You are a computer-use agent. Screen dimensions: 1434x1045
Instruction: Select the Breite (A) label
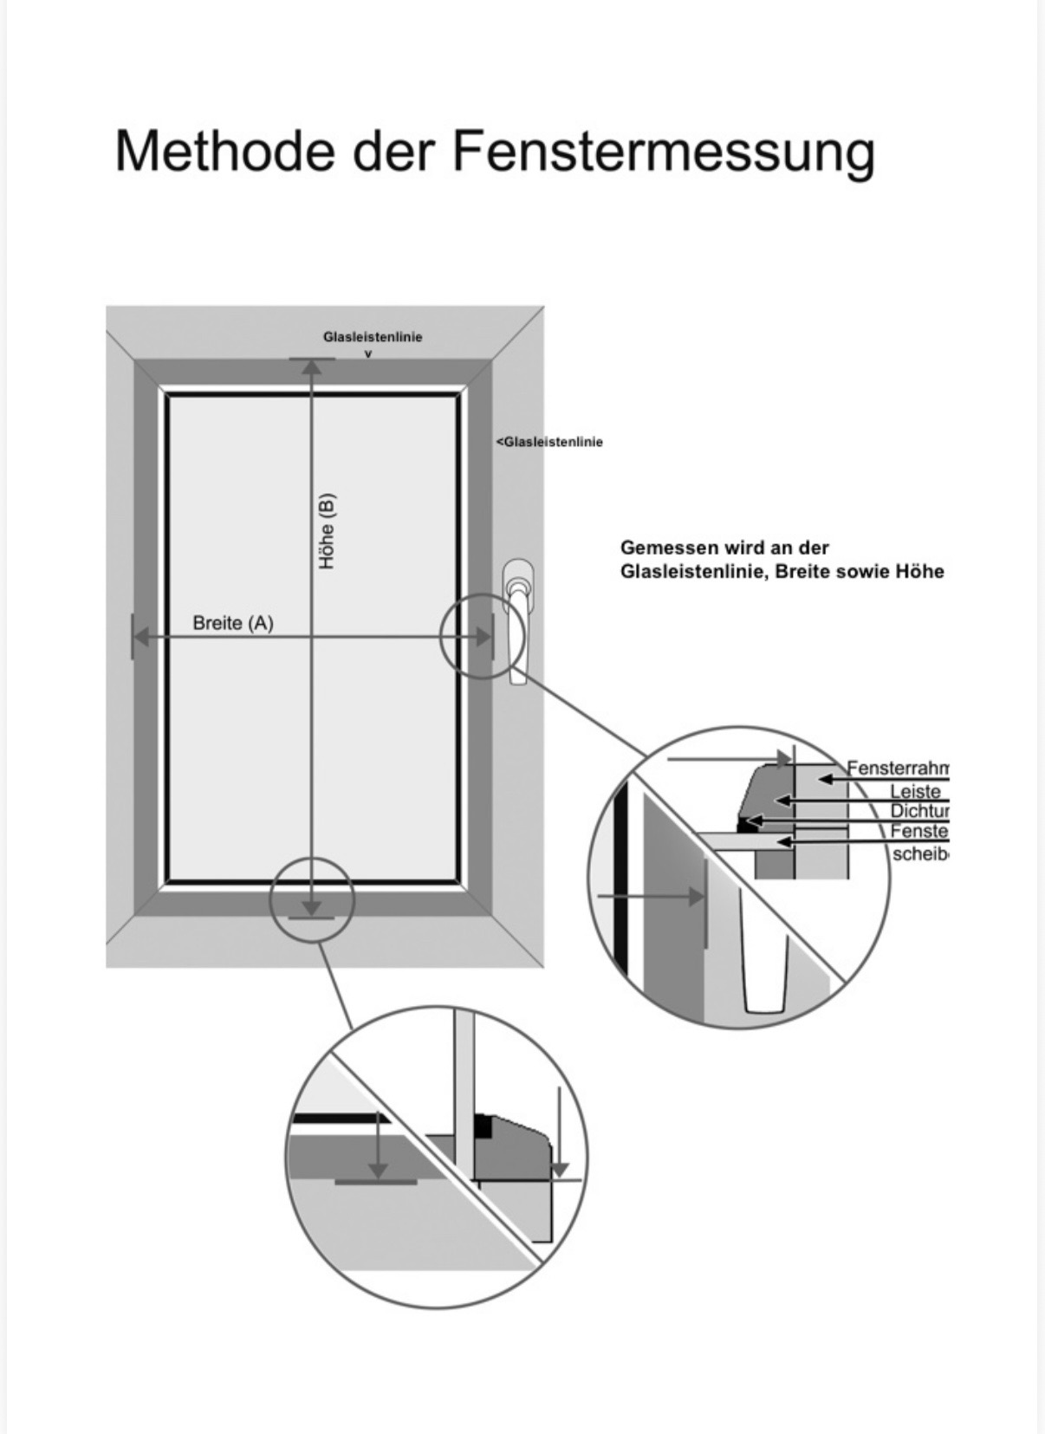(x=232, y=623)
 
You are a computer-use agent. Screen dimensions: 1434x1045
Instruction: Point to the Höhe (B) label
(x=327, y=531)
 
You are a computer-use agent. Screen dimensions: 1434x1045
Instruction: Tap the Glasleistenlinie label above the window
(x=373, y=336)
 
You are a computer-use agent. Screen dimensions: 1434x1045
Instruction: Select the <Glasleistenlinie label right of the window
(x=549, y=442)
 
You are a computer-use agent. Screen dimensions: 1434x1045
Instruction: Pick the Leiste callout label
(x=915, y=791)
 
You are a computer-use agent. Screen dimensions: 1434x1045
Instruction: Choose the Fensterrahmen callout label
(x=898, y=769)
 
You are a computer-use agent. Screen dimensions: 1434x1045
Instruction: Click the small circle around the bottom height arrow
(x=312, y=899)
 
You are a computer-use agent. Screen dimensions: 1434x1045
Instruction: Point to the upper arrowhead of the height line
(x=312, y=368)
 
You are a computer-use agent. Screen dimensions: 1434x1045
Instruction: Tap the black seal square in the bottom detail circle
(x=482, y=1129)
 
